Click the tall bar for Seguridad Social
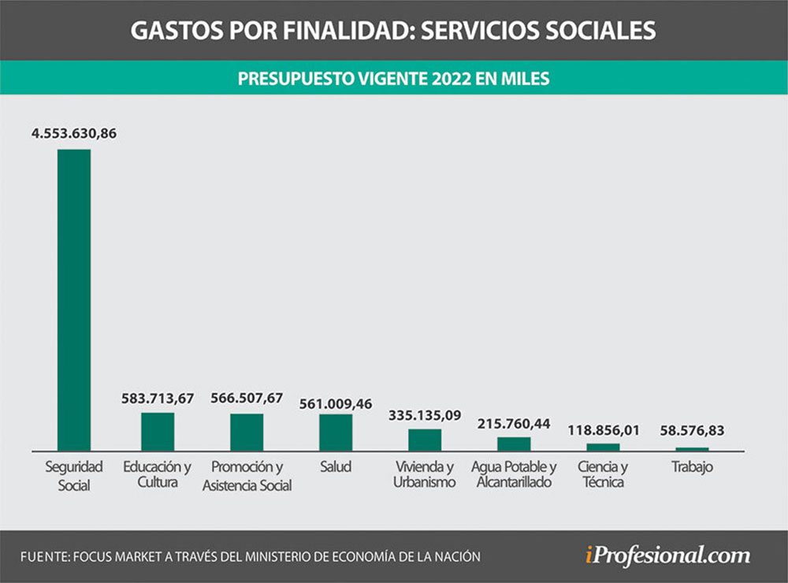click(74, 299)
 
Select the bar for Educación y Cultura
click(158, 431)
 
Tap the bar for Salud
click(336, 432)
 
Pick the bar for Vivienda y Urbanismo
click(425, 440)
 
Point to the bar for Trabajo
click(692, 449)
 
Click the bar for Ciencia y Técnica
click(603, 447)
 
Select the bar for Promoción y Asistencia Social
click(247, 432)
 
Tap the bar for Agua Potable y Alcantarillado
click(514, 444)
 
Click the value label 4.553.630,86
click(74, 134)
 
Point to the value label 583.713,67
click(158, 399)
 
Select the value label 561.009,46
click(336, 404)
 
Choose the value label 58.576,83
click(692, 431)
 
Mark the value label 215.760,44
click(514, 423)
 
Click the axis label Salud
click(336, 467)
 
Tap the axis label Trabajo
click(692, 467)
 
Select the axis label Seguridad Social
click(74, 476)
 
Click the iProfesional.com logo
click(667, 555)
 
